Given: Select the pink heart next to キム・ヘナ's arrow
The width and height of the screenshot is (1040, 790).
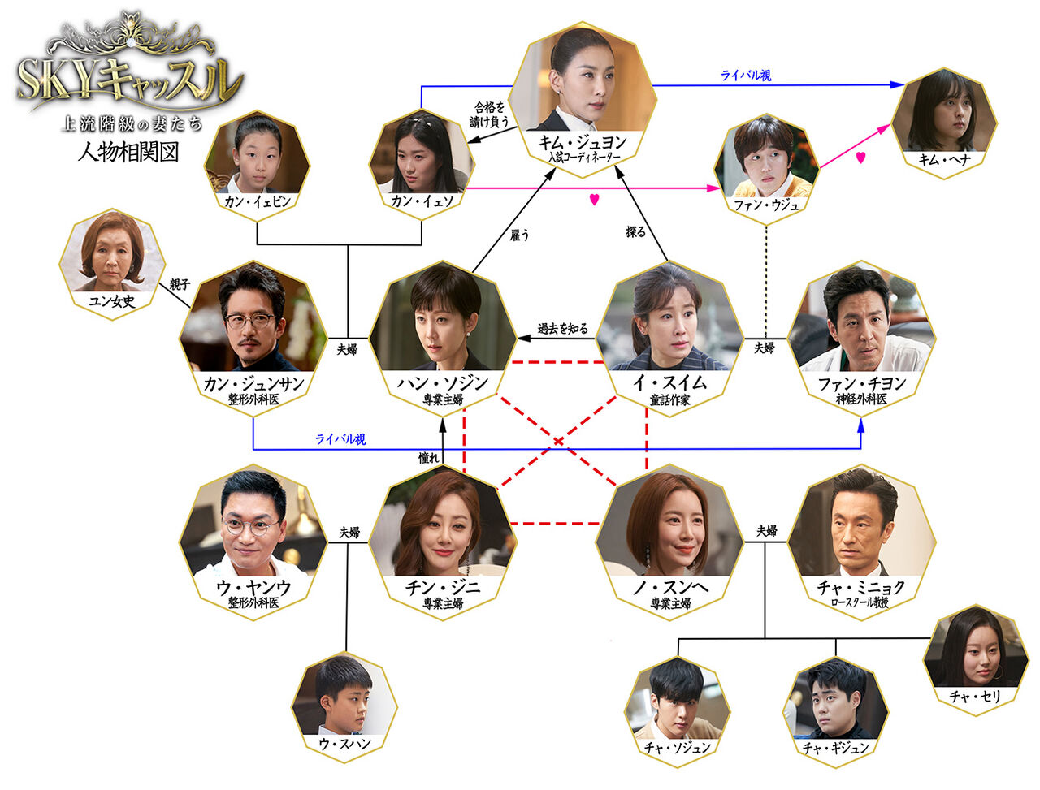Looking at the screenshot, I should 860,158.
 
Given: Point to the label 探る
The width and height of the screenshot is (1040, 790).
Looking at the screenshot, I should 635,232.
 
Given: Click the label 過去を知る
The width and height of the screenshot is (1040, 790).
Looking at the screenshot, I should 562,329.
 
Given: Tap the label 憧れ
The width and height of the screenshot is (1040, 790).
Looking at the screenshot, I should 428,458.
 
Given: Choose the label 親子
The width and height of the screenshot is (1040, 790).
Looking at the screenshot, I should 179,285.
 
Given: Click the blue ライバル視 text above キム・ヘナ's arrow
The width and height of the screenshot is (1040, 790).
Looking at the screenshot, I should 746,76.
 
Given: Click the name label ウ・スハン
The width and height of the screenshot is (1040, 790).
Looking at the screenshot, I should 344,743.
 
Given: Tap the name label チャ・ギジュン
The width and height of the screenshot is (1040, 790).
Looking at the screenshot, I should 836,747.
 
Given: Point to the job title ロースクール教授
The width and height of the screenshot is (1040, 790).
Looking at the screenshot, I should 860,603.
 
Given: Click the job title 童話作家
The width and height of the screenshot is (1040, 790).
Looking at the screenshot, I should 669,400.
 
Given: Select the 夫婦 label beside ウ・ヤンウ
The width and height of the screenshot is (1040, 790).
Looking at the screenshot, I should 349,533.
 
